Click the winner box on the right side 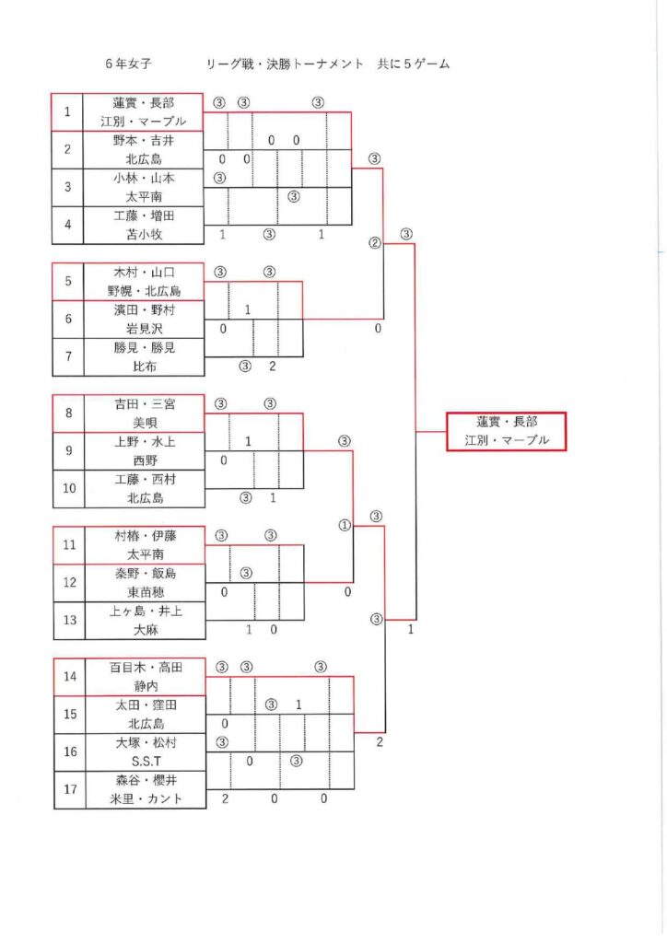click(x=505, y=431)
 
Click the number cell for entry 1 click(x=67, y=112)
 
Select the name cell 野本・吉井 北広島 click(x=144, y=150)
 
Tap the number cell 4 click(x=67, y=225)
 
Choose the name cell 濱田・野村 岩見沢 click(x=144, y=319)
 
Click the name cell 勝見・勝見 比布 click(x=144, y=356)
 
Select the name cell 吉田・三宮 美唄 click(x=144, y=413)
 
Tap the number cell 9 click(x=67, y=450)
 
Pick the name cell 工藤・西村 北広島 click(x=144, y=488)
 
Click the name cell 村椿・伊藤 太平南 click(x=144, y=544)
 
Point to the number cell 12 click(x=67, y=582)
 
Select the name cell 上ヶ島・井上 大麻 click(x=144, y=620)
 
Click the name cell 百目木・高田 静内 click(x=144, y=676)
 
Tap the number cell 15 click(x=67, y=714)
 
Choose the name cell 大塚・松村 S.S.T click(x=144, y=751)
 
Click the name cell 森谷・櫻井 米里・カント click(x=144, y=789)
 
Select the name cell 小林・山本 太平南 click(x=144, y=187)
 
